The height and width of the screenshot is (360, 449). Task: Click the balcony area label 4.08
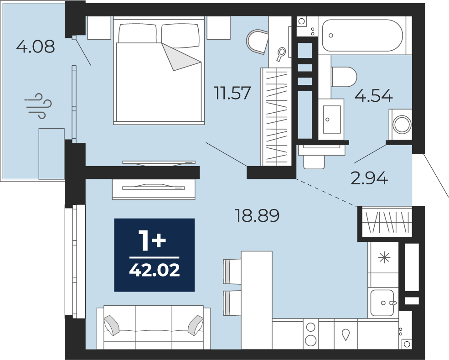point(35,47)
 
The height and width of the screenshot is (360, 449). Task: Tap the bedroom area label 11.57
point(232,93)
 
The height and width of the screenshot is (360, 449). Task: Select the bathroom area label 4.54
point(373,96)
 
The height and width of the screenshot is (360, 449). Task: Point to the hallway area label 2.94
point(369,178)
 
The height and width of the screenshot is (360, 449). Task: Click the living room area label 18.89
point(257,215)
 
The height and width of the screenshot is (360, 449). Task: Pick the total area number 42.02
point(155,270)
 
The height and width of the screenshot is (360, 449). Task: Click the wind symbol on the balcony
point(38,106)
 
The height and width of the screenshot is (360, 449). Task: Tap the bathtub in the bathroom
point(362,35)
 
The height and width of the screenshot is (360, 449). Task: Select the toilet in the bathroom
point(344,77)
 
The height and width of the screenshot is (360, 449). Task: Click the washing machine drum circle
point(402,125)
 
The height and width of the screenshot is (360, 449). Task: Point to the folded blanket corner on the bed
point(181,57)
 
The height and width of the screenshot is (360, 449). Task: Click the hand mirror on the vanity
point(281,54)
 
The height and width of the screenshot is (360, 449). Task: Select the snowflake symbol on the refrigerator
point(384,258)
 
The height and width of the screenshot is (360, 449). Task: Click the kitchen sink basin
point(382,303)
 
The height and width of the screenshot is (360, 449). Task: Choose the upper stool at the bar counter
point(232,271)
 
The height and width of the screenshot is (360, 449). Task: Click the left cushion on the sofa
point(112,325)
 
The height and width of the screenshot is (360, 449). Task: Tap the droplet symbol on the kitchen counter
point(346,334)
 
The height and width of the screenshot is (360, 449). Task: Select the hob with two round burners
point(311,334)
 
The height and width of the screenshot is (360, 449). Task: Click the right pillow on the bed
point(181,36)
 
